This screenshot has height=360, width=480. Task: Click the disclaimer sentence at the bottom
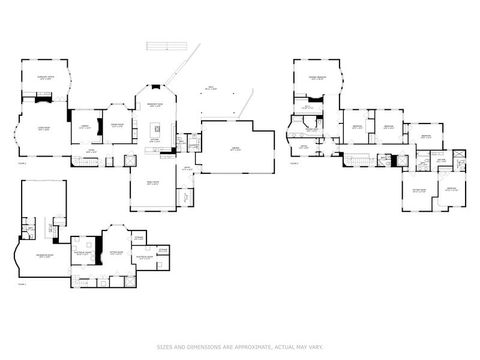click(240, 347)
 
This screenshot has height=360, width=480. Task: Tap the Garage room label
click(236, 147)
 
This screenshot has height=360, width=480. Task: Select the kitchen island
click(156, 129)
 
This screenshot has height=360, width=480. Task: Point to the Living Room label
click(44, 128)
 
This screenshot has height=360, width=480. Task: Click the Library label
click(86, 126)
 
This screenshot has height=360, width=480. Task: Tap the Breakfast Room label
click(156, 103)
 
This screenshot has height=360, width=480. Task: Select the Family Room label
click(154, 183)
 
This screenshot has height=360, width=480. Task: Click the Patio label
click(210, 89)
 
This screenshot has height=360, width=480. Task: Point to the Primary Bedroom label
click(318, 77)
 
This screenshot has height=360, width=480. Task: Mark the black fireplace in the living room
click(43, 98)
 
